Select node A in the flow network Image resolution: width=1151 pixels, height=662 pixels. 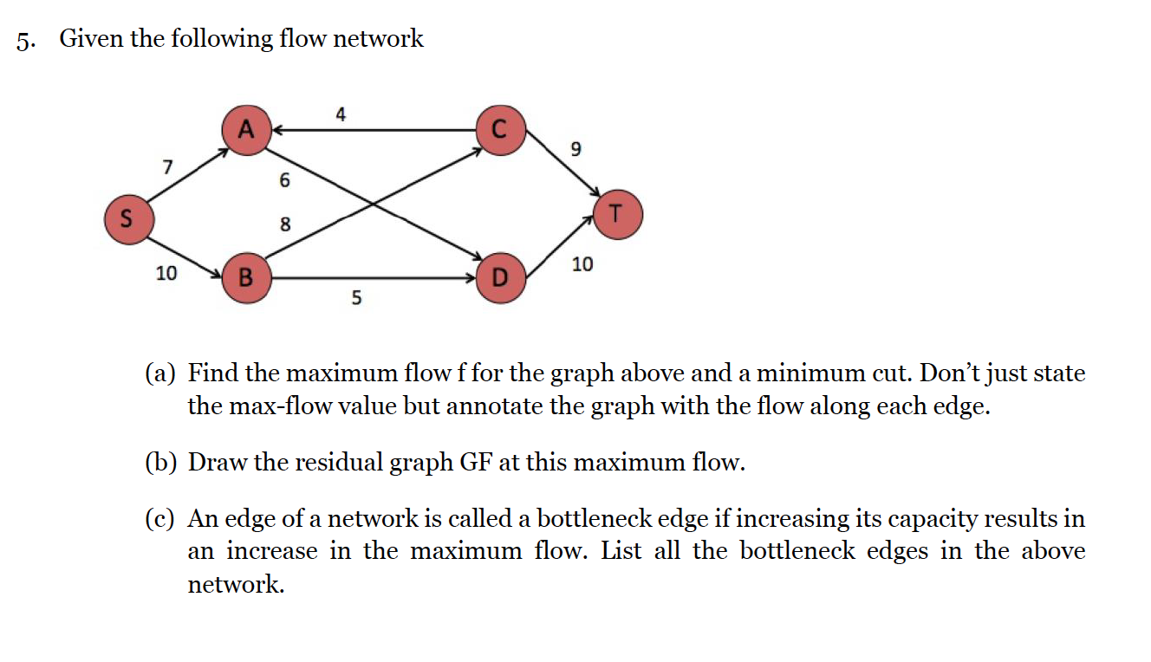[247, 130]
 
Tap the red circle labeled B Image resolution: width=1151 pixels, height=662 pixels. [247, 278]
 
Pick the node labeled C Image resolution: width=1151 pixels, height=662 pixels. [498, 130]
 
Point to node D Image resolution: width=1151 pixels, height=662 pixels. [498, 278]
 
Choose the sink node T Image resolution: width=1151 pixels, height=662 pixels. [617, 213]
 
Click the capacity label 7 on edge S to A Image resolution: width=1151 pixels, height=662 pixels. [167, 165]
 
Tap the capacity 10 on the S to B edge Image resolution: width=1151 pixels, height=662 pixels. [166, 274]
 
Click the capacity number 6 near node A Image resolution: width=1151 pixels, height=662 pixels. [284, 181]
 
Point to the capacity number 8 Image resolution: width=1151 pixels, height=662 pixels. [284, 225]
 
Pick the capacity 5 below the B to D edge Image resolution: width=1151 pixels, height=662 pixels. [356, 299]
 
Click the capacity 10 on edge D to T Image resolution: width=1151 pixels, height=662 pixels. [582, 264]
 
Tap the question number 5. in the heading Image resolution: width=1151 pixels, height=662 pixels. [27, 40]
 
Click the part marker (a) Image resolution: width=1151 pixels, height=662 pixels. [160, 374]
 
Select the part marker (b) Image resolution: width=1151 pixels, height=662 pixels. [160, 463]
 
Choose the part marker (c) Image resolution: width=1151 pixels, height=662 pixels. [160, 519]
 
